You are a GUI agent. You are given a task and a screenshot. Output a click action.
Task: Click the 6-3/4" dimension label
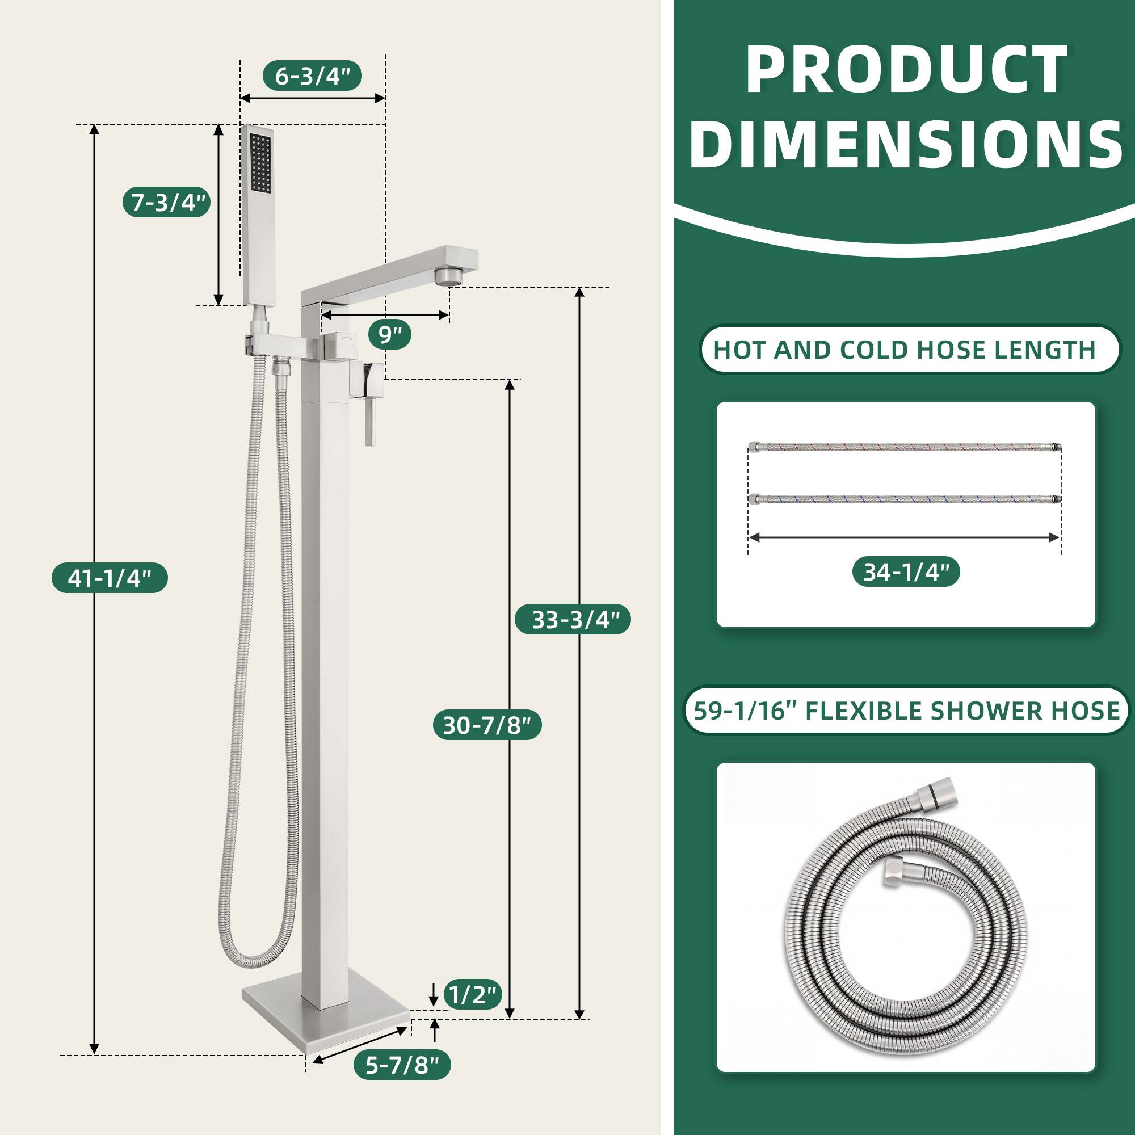312,76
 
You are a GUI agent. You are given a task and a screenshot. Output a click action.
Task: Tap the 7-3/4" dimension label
167,203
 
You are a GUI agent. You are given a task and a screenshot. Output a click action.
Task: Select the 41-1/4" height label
110,578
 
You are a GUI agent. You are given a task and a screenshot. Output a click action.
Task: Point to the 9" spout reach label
389,335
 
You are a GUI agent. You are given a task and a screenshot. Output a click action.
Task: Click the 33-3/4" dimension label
573,620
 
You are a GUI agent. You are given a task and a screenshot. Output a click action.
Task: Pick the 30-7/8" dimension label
487,725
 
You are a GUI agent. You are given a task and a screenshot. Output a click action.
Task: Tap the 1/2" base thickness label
472,995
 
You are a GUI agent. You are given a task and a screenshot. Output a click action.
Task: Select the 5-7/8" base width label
402,1082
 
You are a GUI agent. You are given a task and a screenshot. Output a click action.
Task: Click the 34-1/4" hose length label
906,571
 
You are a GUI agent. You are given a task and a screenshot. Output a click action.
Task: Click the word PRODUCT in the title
906,70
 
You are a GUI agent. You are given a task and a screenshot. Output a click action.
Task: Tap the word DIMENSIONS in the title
906,145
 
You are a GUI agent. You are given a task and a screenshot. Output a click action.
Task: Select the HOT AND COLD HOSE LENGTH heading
905,350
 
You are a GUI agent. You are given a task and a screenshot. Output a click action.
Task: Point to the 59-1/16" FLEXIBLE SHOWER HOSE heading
906,711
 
